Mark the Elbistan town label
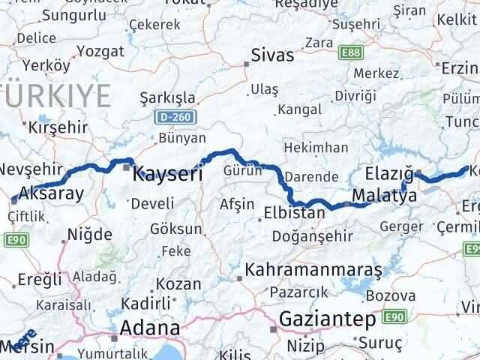tap(293, 213)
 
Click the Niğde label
tap(89, 234)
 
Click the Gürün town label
tap(242, 170)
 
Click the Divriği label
tap(355, 95)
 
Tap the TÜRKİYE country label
tap(56, 95)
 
